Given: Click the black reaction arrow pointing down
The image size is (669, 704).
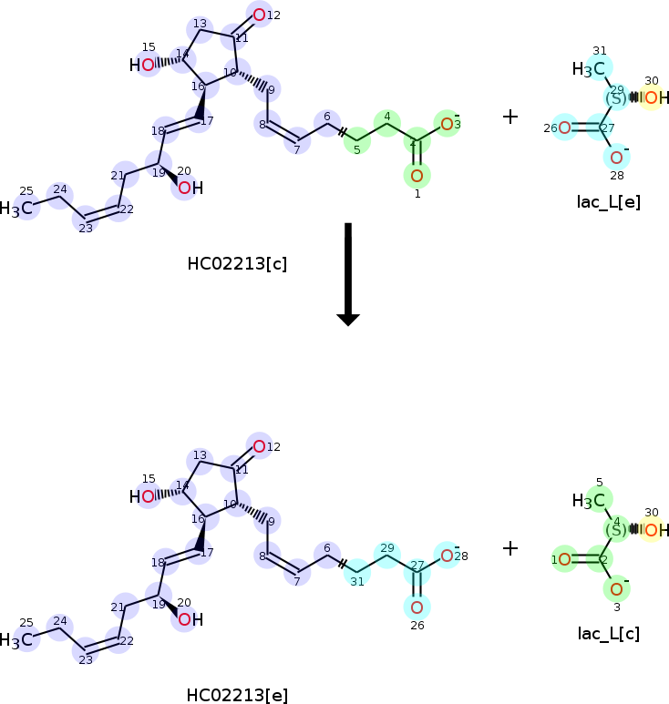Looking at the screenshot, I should [347, 273].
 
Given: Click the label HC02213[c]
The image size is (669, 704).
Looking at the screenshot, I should [237, 264].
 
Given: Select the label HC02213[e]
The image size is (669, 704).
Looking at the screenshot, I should [237, 695].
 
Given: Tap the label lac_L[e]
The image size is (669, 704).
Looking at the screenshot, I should [608, 201].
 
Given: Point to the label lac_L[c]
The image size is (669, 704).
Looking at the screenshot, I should [608, 633].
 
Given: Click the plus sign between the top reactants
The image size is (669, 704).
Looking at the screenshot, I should [510, 117].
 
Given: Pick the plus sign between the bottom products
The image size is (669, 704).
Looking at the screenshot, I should [510, 548].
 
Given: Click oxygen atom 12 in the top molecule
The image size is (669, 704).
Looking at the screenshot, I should [260, 15].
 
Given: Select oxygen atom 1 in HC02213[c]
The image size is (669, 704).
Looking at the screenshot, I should [417, 175].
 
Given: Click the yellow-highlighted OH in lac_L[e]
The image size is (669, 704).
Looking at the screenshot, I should [654, 98].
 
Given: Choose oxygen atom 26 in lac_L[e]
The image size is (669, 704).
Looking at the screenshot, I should [564, 128].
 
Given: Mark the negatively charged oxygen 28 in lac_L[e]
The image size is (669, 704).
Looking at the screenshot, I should [616, 158].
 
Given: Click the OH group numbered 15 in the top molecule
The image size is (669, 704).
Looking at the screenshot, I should [142, 65].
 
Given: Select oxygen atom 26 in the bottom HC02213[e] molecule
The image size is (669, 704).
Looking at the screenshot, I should [417, 607].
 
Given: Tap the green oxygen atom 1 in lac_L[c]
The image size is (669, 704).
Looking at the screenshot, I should [564, 559].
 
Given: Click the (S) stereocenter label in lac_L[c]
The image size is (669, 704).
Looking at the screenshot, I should [616, 529].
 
